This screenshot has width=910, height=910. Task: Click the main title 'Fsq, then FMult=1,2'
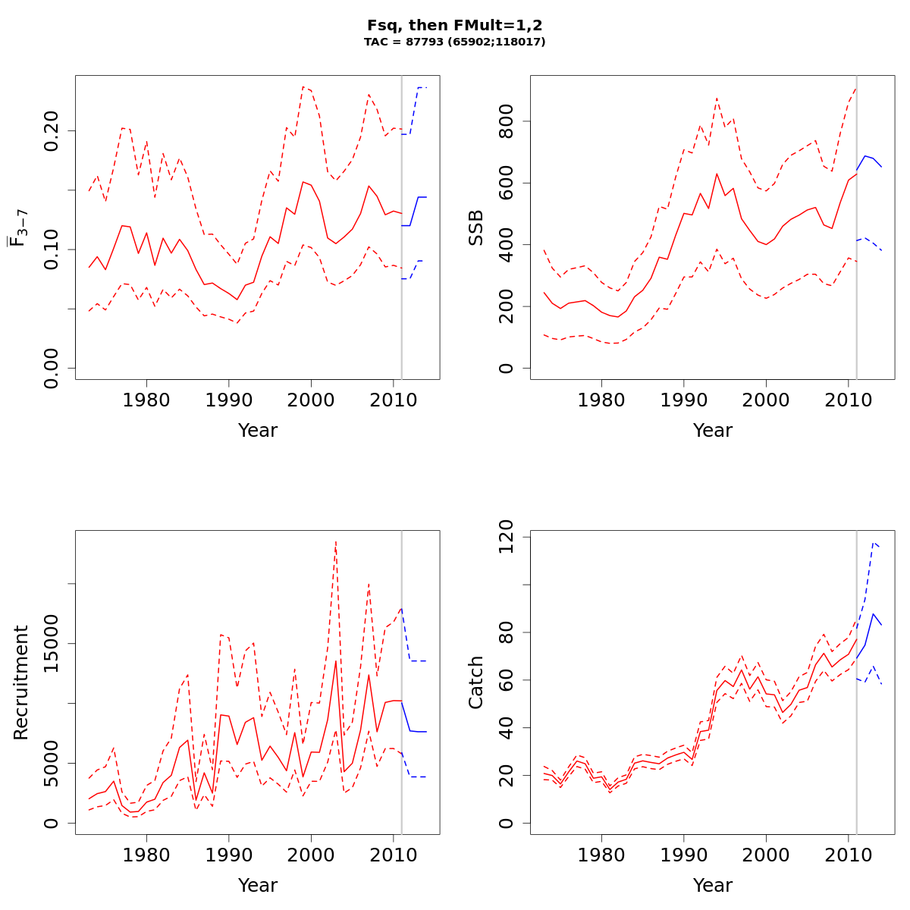pos(454,25)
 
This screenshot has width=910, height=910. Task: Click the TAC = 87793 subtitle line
pos(454,42)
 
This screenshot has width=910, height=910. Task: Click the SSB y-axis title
pos(475,227)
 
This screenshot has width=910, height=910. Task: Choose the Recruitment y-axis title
pos(20,682)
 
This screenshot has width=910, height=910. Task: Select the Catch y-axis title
pos(475,682)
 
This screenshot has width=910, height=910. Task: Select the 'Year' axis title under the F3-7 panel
pos(258,431)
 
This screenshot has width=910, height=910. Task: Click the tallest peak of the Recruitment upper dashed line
pos(335,541)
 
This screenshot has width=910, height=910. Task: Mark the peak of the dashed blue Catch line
pos(874,542)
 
